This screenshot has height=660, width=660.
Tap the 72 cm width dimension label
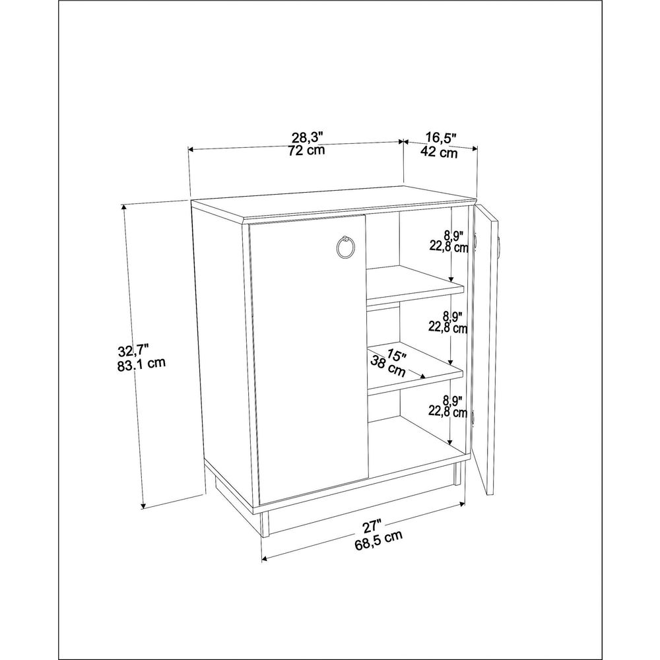[x=307, y=150]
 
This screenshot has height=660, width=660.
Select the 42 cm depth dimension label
[x=439, y=152]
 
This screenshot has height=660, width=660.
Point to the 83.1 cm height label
[x=141, y=364]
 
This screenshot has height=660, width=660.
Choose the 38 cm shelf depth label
[x=387, y=366]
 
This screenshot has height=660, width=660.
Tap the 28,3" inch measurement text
[x=308, y=137]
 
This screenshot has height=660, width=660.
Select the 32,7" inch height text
[x=133, y=350]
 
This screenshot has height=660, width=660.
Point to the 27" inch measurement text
[x=372, y=527]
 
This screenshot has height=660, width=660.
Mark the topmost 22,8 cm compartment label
[x=449, y=247]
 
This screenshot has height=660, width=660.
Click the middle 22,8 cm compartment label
[x=448, y=327]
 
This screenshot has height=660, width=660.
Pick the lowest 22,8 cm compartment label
[x=448, y=411]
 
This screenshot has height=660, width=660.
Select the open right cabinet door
[x=484, y=349]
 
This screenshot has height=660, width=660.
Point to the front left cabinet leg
[x=265, y=525]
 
